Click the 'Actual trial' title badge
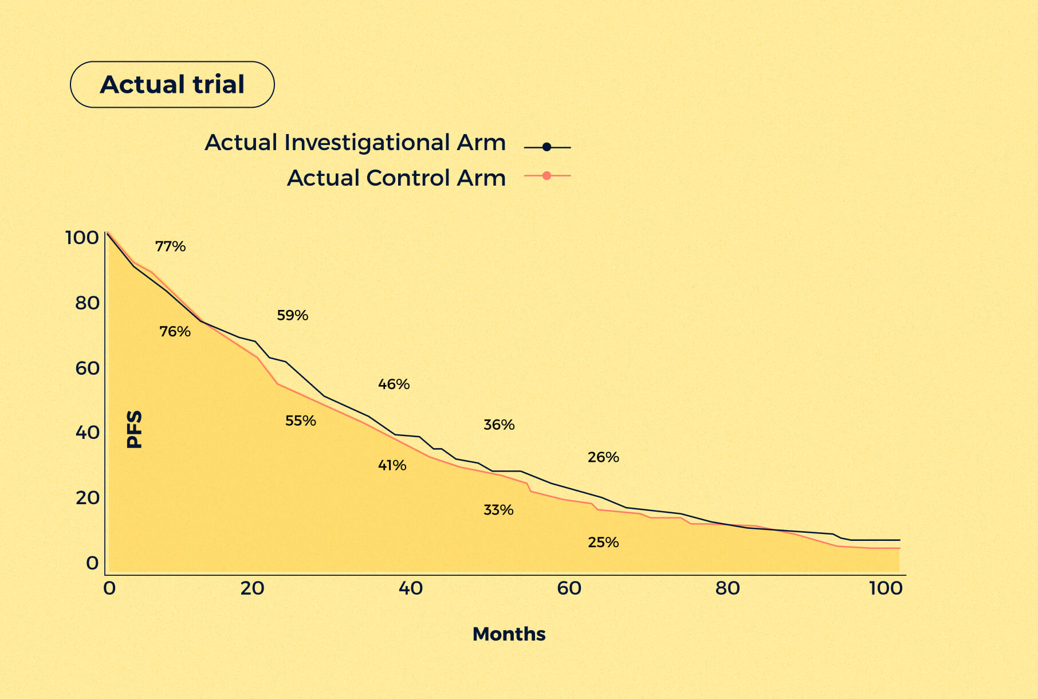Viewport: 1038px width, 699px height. pyautogui.click(x=172, y=84)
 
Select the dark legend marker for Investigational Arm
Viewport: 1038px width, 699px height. pyautogui.click(x=546, y=147)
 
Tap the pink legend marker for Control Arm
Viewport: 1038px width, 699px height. pyautogui.click(x=546, y=175)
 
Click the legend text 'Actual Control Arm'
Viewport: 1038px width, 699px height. pyautogui.click(x=396, y=178)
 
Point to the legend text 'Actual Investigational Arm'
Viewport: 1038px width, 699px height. pyautogui.click(x=355, y=142)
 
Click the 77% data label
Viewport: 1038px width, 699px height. pyautogui.click(x=171, y=246)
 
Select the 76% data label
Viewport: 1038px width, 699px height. pyautogui.click(x=175, y=331)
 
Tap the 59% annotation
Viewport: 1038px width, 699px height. pyautogui.click(x=292, y=315)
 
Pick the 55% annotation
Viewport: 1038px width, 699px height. pyautogui.click(x=301, y=421)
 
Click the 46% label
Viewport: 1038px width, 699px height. pyautogui.click(x=394, y=384)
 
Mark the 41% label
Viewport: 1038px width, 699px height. pyautogui.click(x=392, y=465)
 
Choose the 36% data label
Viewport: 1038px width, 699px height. pyautogui.click(x=499, y=425)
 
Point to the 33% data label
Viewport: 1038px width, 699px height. pyautogui.click(x=498, y=510)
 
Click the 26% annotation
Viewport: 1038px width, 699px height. pyautogui.click(x=603, y=457)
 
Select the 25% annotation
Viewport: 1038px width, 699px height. pyautogui.click(x=603, y=542)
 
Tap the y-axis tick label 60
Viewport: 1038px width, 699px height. pyautogui.click(x=87, y=368)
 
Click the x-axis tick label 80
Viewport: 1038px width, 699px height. pyautogui.click(x=727, y=588)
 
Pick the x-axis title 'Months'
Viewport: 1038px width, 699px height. pyautogui.click(x=509, y=634)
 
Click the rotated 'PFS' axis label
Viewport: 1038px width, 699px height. pyautogui.click(x=134, y=429)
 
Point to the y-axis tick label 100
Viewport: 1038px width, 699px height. pyautogui.click(x=82, y=237)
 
